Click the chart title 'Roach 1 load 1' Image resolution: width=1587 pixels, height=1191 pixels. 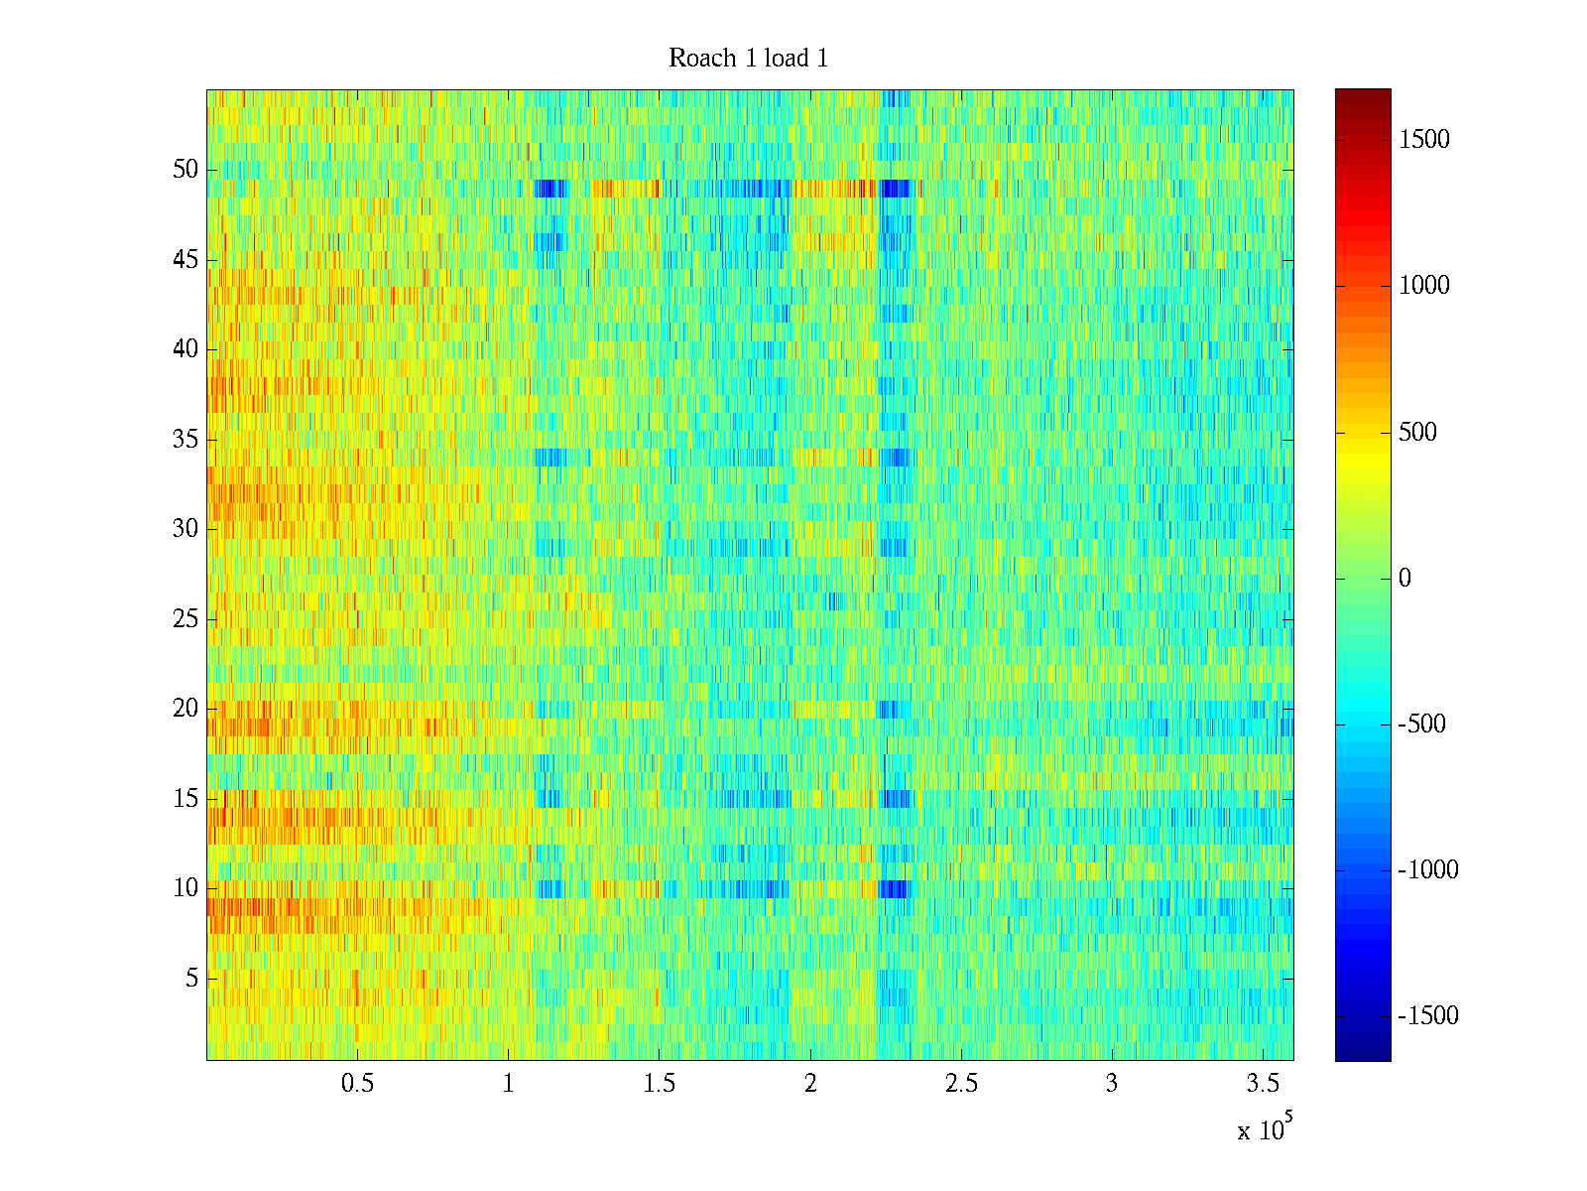(x=748, y=59)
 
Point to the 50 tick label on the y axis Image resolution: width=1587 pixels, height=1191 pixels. (x=185, y=169)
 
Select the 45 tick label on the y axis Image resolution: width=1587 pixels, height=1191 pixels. (x=185, y=260)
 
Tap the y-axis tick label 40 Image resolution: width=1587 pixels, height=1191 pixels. (x=185, y=349)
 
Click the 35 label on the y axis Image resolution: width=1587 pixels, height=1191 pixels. (x=185, y=439)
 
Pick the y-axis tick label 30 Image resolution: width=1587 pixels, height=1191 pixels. (x=185, y=528)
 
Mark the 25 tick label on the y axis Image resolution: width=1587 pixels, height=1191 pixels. (x=185, y=619)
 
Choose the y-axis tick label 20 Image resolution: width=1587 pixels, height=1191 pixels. (x=185, y=709)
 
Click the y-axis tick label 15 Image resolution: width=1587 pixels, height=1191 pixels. (x=185, y=798)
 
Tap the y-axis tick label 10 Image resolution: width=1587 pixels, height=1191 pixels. (x=185, y=887)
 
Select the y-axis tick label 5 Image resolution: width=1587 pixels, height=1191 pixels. (x=191, y=979)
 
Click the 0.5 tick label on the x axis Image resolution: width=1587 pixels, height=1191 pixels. (x=357, y=1084)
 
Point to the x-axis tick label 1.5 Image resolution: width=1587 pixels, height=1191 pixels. (x=659, y=1084)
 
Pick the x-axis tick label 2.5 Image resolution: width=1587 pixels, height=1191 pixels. (x=961, y=1084)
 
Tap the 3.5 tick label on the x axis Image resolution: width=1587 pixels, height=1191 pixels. (x=1263, y=1084)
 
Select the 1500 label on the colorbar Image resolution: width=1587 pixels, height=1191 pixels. (x=1424, y=140)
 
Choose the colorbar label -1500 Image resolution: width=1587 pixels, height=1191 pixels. (x=1428, y=1016)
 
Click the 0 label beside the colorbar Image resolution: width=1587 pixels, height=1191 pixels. (x=1404, y=579)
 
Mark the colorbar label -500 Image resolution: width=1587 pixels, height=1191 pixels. (x=1422, y=725)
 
